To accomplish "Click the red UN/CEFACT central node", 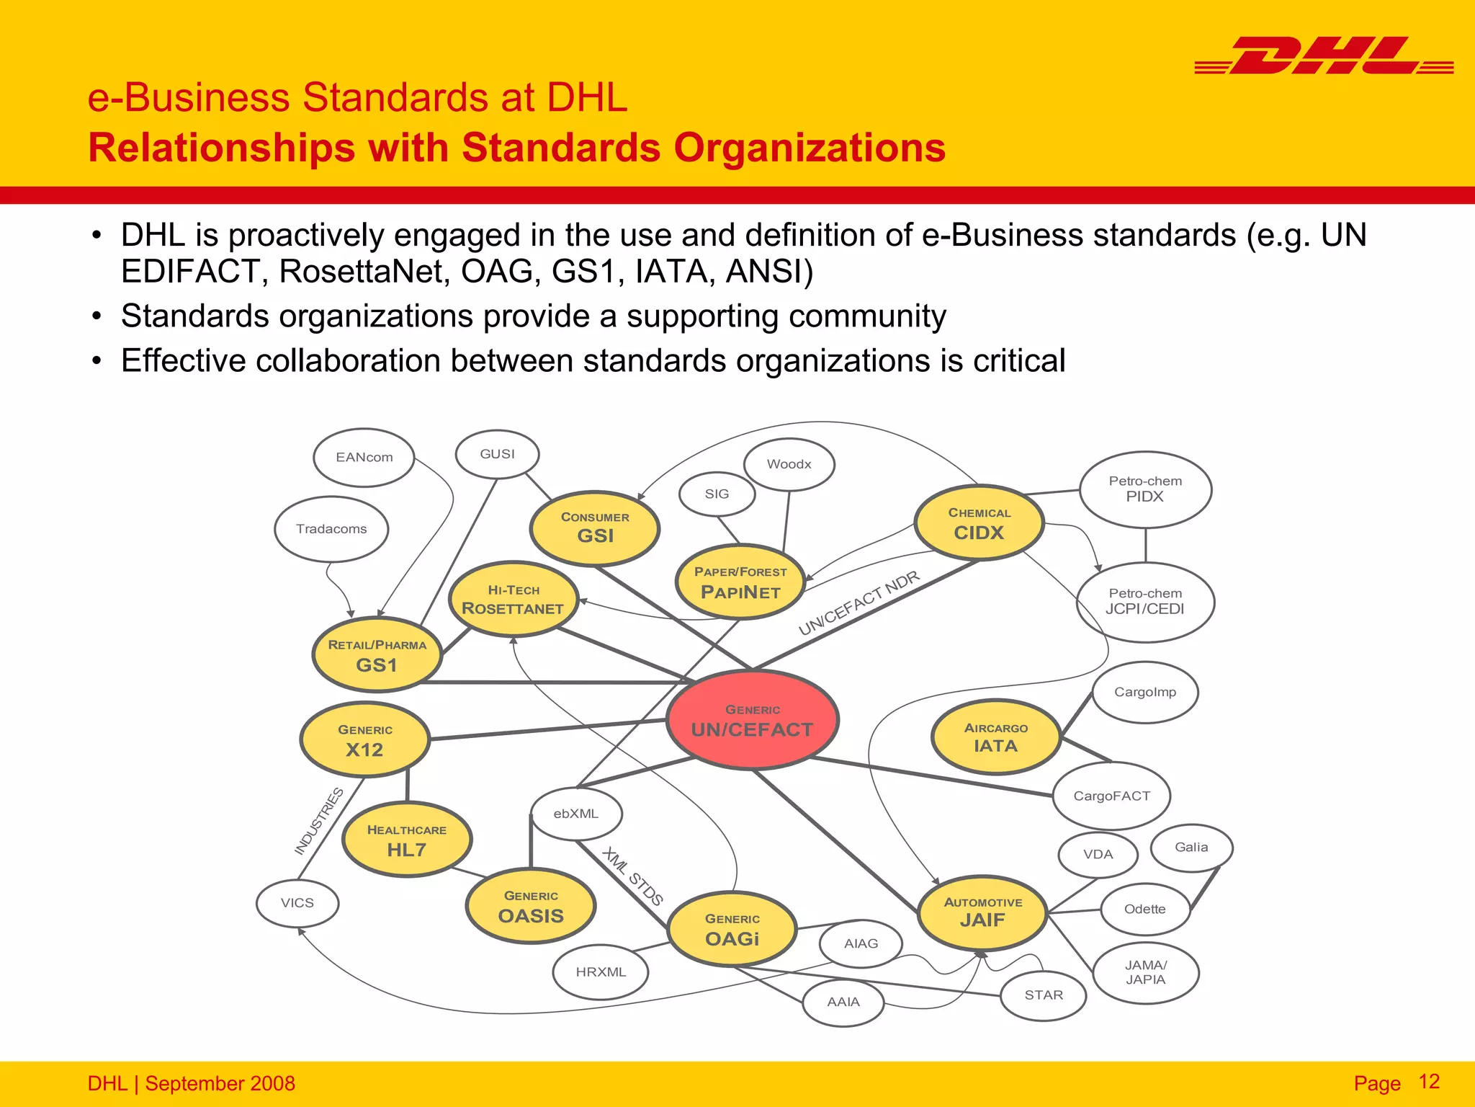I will coord(752,720).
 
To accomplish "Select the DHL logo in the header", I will coord(1324,56).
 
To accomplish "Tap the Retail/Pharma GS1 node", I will coord(377,655).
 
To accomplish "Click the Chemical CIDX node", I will coord(979,523).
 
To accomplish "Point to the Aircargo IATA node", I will coord(996,737).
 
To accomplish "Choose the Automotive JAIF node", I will coord(982,912).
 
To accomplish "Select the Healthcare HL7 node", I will coord(407,840).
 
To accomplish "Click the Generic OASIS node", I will coord(531,907).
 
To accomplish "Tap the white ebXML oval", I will coord(576,814).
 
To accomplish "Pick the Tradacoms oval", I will coord(331,529).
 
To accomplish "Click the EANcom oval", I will coord(364,458).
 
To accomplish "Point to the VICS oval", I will coord(297,903).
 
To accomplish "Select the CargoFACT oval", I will coord(1111,796).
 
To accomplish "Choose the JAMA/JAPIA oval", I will coord(1145,973).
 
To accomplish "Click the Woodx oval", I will coord(789,465).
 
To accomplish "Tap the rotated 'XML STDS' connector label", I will coord(632,876).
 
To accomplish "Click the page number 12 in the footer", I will coord(1429,1082).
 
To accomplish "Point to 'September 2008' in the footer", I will coord(220,1083).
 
